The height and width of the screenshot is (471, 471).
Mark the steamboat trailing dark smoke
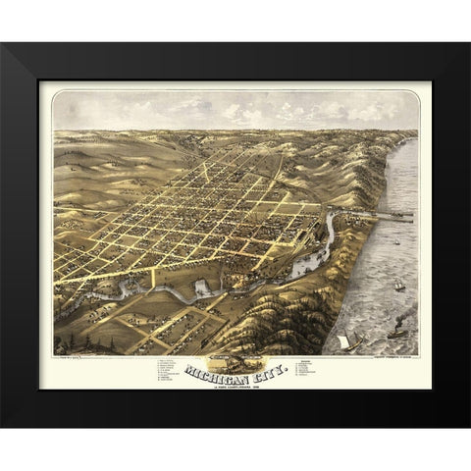tap(397, 333)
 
